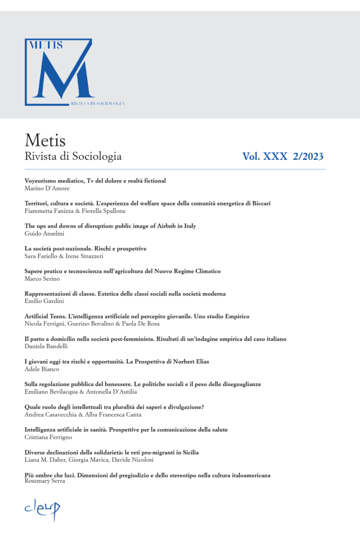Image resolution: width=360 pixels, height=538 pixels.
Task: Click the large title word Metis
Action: tap(45, 141)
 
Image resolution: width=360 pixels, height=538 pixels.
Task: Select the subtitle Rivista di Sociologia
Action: tap(73, 156)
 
